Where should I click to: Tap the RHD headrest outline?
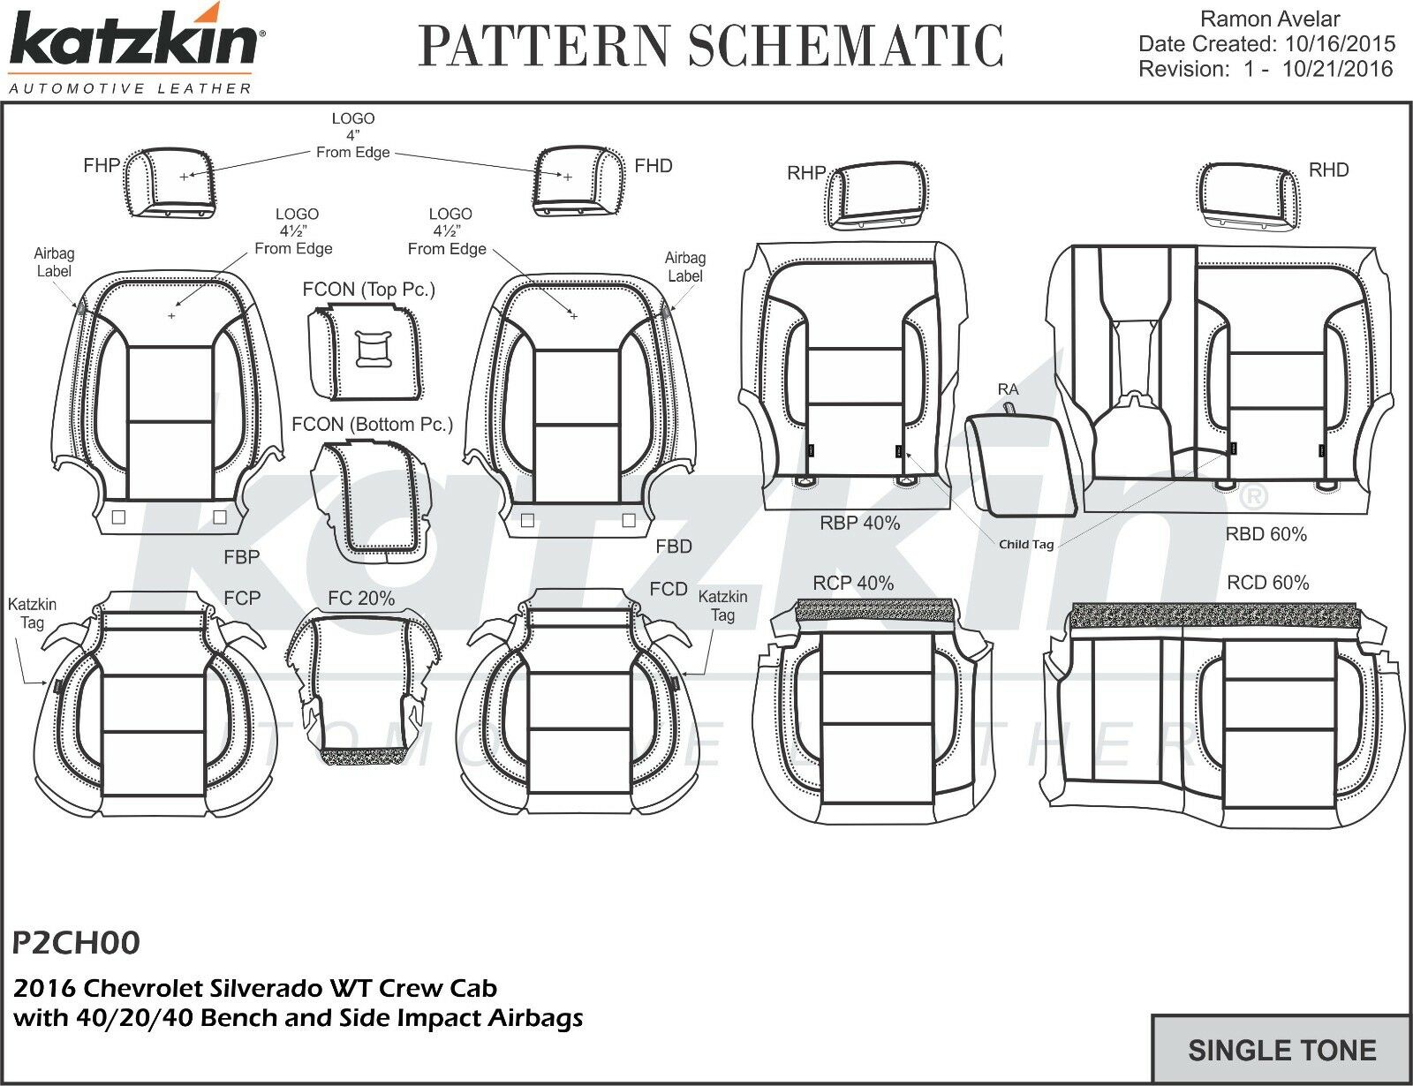point(1250,196)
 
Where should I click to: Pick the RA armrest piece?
point(1020,465)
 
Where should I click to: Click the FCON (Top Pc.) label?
point(368,290)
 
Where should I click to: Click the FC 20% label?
point(361,599)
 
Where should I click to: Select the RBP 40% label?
point(859,523)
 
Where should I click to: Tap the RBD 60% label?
point(1266,534)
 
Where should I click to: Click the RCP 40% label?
point(853,583)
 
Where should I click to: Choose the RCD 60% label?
point(1267,583)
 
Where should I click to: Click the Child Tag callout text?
point(1026,545)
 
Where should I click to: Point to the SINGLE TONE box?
point(1281,1050)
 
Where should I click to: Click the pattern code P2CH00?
point(77,943)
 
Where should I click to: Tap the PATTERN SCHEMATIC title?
point(710,46)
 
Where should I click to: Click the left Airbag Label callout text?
point(54,262)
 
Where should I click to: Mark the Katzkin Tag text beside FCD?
point(722,606)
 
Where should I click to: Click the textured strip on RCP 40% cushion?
point(874,610)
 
